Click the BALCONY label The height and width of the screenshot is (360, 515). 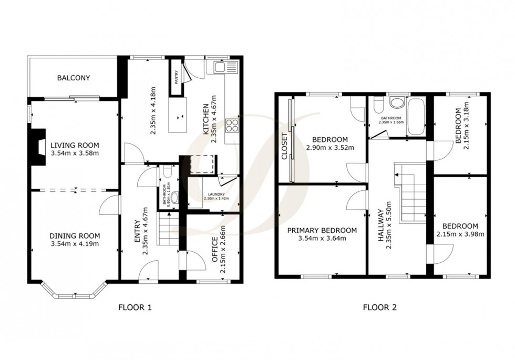click(x=73, y=78)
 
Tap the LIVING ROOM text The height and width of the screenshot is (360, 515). click(x=75, y=145)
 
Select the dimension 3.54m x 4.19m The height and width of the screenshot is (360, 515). click(x=75, y=244)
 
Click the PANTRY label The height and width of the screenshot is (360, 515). click(x=175, y=78)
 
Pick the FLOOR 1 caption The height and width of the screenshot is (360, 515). click(x=135, y=308)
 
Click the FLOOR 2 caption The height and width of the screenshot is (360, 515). click(x=380, y=308)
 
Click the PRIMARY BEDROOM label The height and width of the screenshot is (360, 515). click(x=322, y=230)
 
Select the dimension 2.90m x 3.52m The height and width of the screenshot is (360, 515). click(x=329, y=148)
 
